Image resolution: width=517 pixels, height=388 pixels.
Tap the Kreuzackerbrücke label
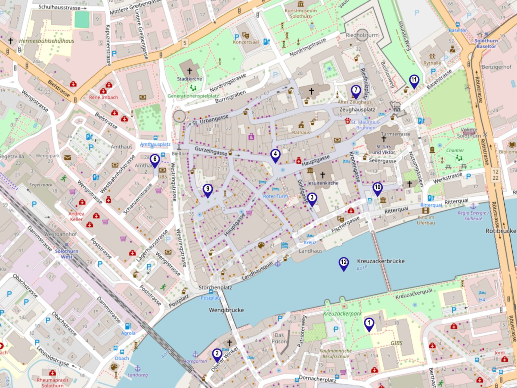click(x=381, y=261)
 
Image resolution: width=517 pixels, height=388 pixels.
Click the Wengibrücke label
click(x=226, y=310)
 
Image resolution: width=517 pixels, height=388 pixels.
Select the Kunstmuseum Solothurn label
click(x=300, y=13)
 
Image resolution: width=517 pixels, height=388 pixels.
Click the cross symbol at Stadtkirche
click(x=190, y=71)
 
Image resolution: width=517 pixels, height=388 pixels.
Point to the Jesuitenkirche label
click(x=323, y=183)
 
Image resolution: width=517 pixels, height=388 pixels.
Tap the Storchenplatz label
click(x=215, y=288)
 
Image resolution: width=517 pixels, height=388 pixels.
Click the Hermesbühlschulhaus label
click(x=47, y=41)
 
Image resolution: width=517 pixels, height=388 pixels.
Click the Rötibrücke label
click(x=501, y=231)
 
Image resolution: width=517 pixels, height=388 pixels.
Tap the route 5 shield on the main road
click(x=185, y=42)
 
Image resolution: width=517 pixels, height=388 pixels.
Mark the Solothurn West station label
click(x=66, y=254)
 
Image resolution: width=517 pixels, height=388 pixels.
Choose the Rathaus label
click(x=301, y=133)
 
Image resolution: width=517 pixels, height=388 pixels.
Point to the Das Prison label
click(x=279, y=338)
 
